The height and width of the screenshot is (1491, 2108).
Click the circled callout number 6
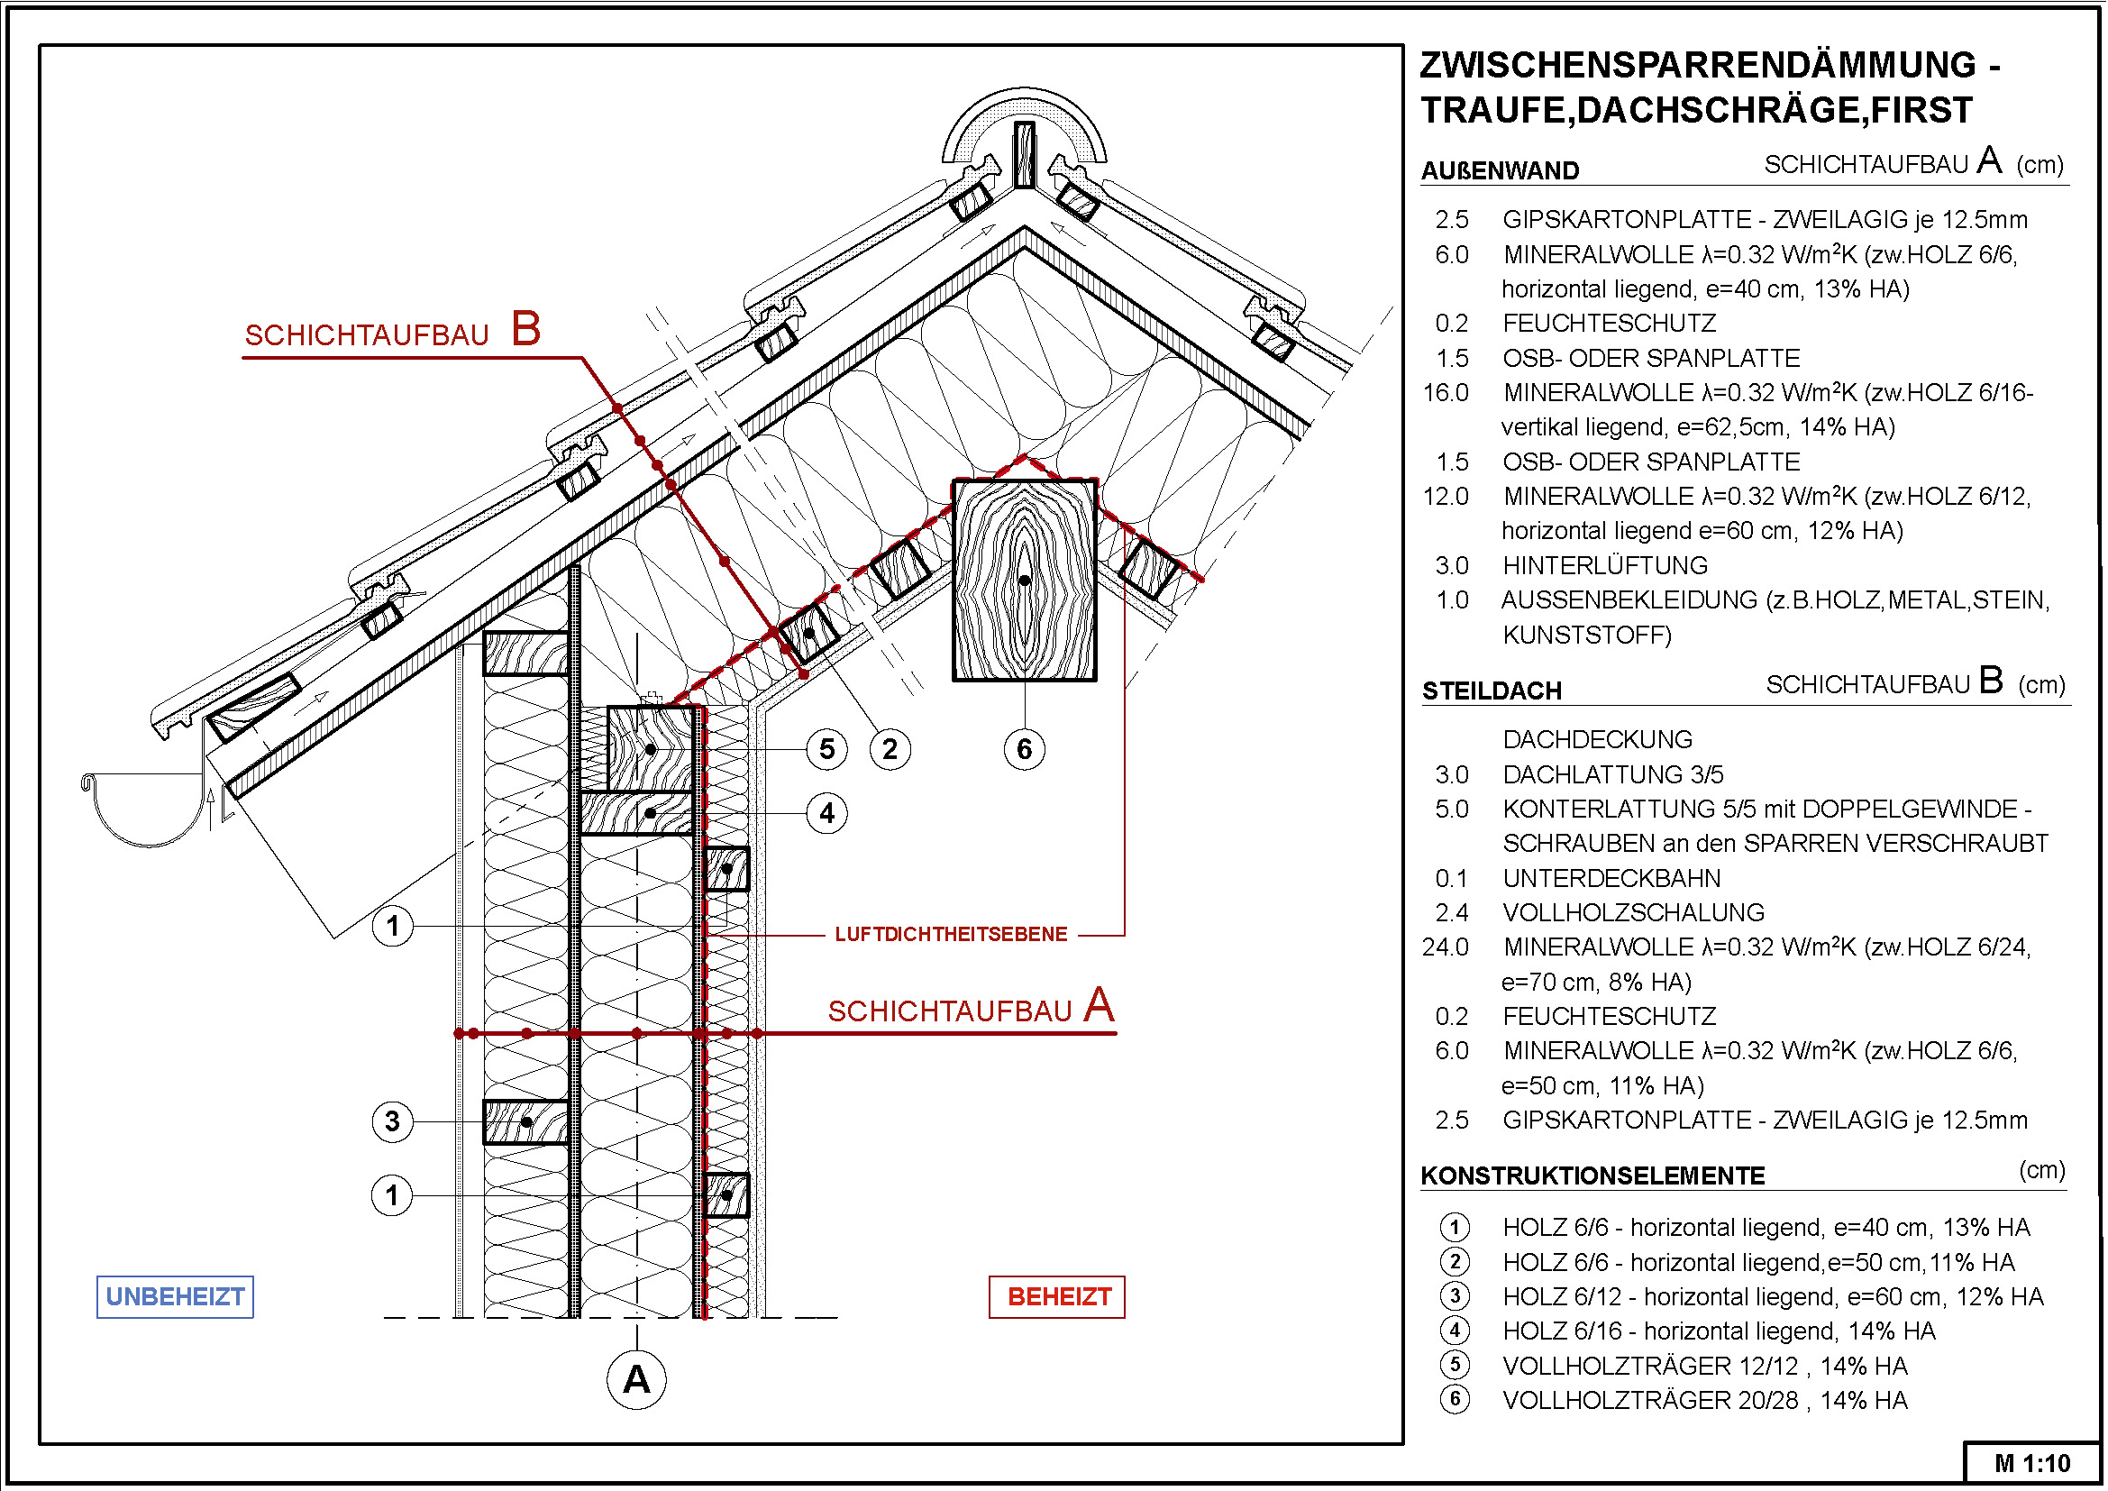(1025, 749)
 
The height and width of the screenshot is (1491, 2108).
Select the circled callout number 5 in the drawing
(826, 749)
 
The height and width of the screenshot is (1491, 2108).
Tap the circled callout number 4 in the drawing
(826, 813)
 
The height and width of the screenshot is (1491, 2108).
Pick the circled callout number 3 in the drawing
(392, 1121)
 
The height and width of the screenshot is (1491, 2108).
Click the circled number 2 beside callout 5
(890, 749)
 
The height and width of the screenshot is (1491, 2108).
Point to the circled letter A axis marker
(636, 1379)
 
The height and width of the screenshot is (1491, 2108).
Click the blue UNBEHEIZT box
(175, 1296)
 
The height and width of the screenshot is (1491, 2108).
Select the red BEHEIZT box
(1057, 1296)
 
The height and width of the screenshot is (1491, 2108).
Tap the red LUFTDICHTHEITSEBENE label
(951, 935)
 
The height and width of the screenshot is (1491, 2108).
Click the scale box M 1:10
(2031, 1463)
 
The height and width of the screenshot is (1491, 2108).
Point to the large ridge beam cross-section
(1025, 581)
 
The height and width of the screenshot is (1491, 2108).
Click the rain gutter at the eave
(143, 809)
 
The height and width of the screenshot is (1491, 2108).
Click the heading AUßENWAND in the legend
(1501, 170)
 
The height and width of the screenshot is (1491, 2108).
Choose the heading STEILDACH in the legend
(1492, 691)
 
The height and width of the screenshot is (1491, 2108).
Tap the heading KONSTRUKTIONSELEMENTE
(1592, 1176)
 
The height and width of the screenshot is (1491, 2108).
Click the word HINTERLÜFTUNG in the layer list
(1605, 565)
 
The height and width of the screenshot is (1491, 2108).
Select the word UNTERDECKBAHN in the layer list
(1611, 879)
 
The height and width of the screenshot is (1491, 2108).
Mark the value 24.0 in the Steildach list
(1445, 947)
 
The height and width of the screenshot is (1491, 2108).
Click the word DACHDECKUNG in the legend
(1598, 739)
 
